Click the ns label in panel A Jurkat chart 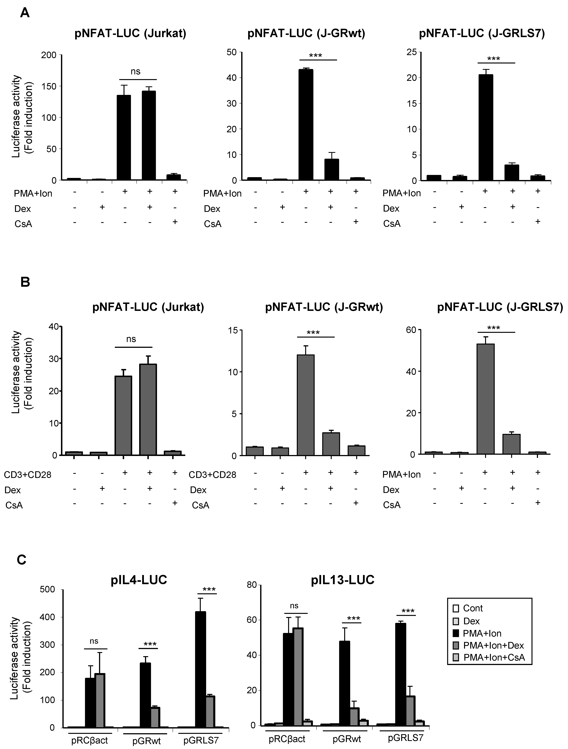point(136,72)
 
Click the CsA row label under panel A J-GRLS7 point(392,224)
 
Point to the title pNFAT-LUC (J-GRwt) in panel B point(324,307)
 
